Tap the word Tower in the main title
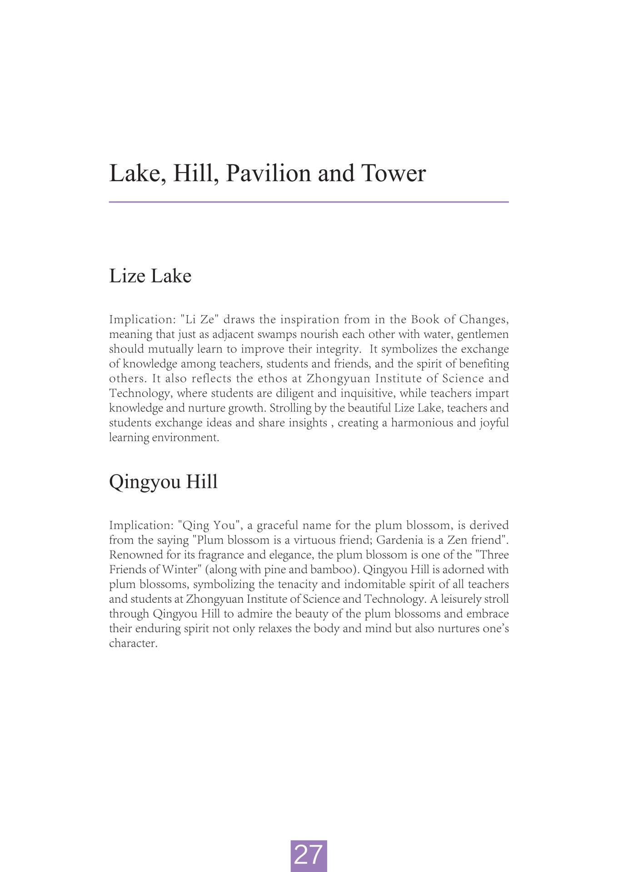click(x=394, y=173)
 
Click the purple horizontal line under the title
click(x=309, y=202)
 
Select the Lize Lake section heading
click(x=150, y=276)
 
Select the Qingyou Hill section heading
click(x=163, y=481)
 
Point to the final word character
click(x=133, y=644)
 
